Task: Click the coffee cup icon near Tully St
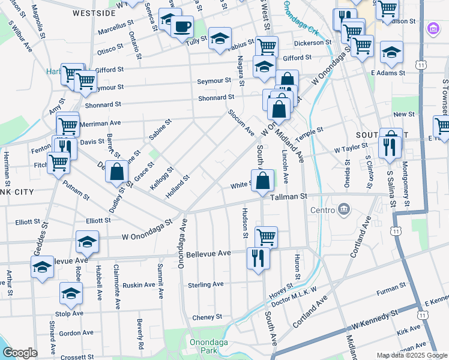pyautogui.click(x=181, y=27)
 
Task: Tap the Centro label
pyautogui.click(x=322, y=210)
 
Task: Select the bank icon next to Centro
pyautogui.click(x=344, y=209)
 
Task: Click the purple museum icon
pyautogui.click(x=432, y=29)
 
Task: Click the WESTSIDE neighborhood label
pyautogui.click(x=94, y=13)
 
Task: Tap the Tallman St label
pyautogui.click(x=288, y=196)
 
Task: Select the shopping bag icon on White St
pyautogui.click(x=262, y=181)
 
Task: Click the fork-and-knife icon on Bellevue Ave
pyautogui.click(x=258, y=259)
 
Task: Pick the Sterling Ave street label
pyautogui.click(x=205, y=284)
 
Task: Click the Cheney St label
pyautogui.click(x=207, y=317)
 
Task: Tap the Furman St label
pyautogui.click(x=392, y=292)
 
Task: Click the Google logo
pyautogui.click(x=19, y=353)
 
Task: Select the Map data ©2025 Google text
pyautogui.click(x=411, y=355)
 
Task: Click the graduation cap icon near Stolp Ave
pyautogui.click(x=71, y=294)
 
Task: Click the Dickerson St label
pyautogui.click(x=313, y=43)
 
